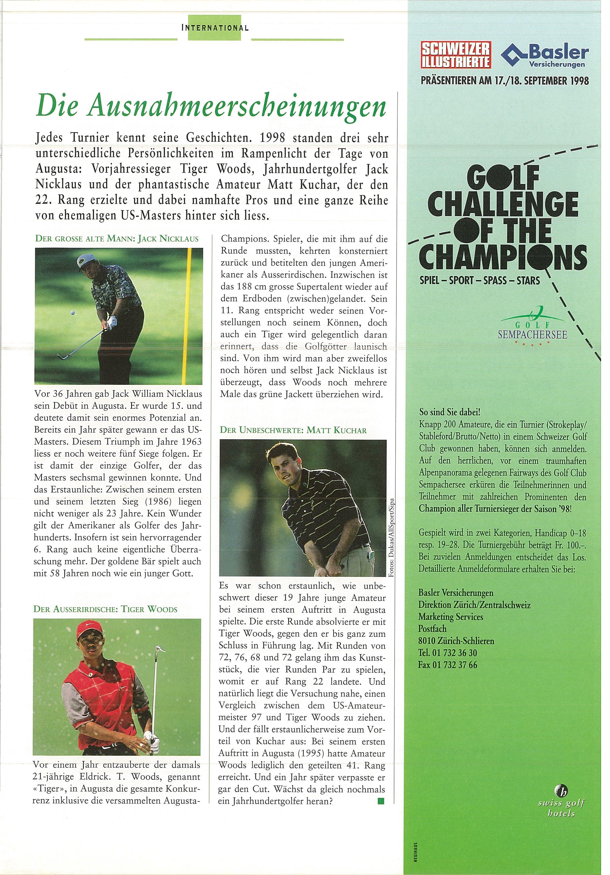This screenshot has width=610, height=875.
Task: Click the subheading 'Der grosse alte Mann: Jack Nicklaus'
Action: [117, 239]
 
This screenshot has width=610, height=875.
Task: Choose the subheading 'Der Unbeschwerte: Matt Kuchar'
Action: [293, 430]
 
